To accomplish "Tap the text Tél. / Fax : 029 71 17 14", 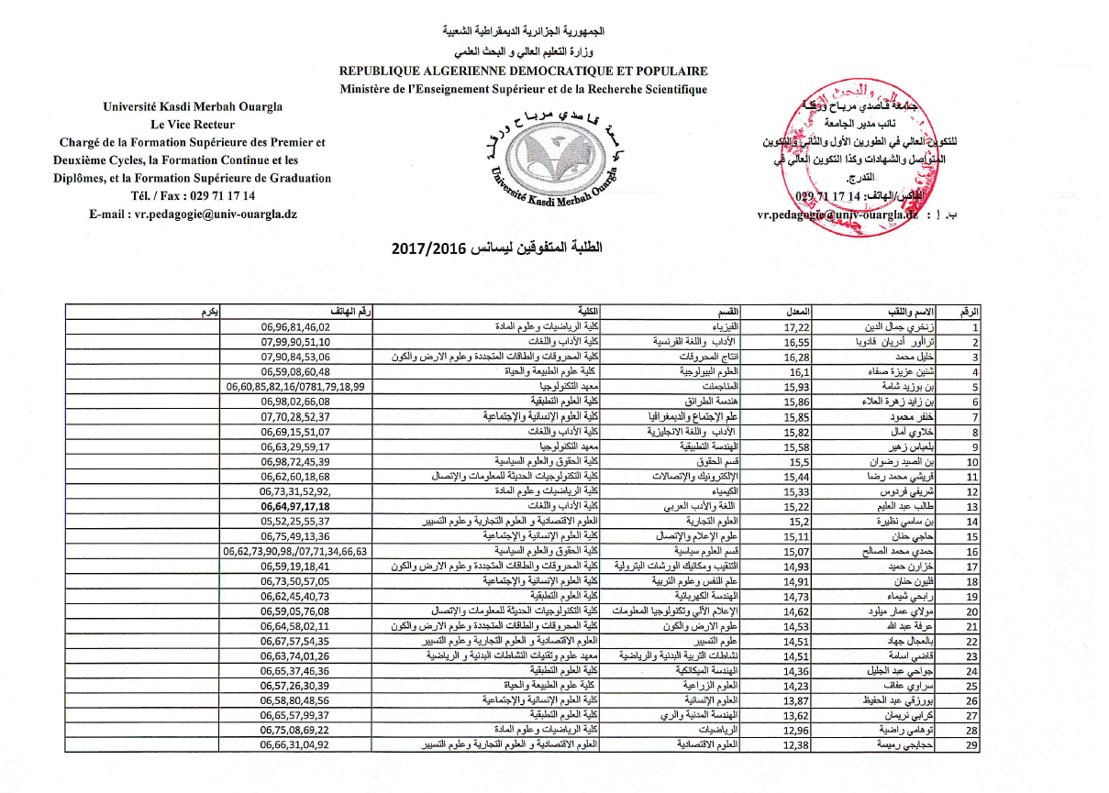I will click(x=193, y=195).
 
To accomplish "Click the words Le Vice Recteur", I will click(x=193, y=125).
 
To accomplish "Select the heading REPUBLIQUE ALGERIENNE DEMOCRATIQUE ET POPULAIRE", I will click(x=523, y=71).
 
